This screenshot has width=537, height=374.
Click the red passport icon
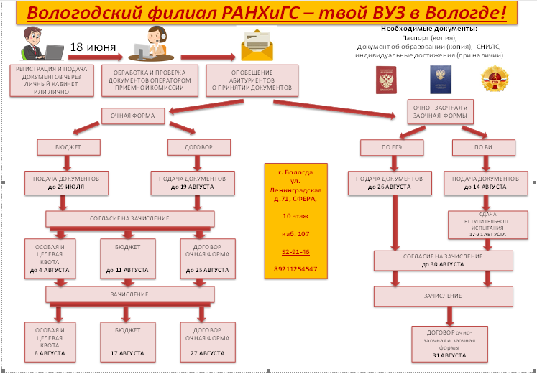point(387,80)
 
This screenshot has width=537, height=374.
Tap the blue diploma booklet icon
point(439,80)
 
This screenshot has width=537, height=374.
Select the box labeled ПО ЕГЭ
point(391,148)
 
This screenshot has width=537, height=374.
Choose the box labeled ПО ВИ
point(483,148)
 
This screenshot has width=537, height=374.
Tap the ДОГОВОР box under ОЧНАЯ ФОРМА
point(191,148)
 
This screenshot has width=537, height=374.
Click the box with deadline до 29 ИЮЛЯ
point(67,182)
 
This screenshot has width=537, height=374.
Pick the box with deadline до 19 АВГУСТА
point(192,182)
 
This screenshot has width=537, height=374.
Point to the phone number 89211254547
point(296,269)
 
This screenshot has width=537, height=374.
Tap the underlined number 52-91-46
point(296,252)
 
